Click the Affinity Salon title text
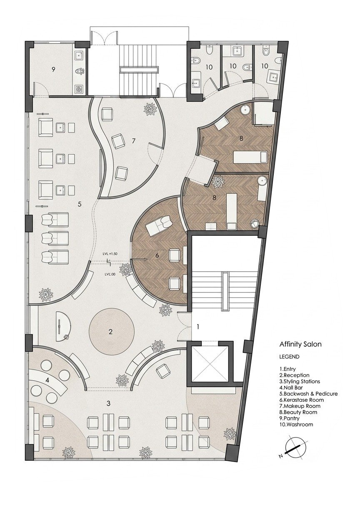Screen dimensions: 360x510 coord(300,344)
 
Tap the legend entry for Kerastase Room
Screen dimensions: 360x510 coord(302,400)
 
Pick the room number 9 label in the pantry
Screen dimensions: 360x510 coord(53,69)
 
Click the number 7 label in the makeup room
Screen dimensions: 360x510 coord(134,141)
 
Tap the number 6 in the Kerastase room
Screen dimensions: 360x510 coord(157,255)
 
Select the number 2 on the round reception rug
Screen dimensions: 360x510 coord(111,332)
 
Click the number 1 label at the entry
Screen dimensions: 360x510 coord(198,327)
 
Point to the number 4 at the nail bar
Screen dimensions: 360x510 coord(47,380)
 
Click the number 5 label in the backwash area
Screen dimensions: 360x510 coord(79,204)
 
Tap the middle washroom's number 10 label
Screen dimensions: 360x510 coord(233,66)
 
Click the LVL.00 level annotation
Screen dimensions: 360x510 coord(110,274)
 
